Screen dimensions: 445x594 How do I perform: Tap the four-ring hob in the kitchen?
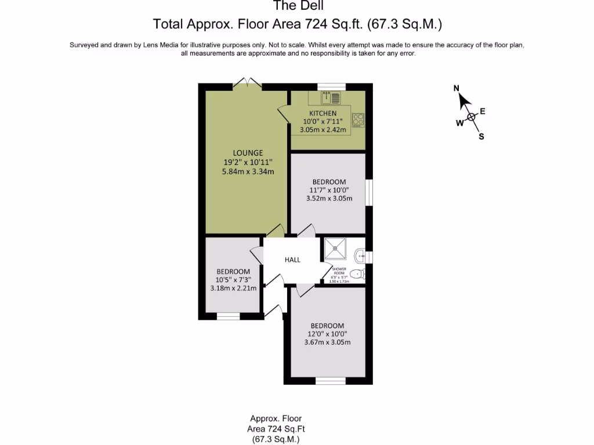[358, 119]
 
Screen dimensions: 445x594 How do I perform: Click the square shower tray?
[335, 249]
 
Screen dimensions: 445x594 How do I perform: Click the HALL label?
[292, 260]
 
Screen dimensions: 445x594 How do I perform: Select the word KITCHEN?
[323, 113]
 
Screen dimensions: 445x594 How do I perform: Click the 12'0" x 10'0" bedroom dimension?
[327, 334]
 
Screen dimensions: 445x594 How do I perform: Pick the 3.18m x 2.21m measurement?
[233, 288]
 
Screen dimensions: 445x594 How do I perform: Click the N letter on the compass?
[457, 88]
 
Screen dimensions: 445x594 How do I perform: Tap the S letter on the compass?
[481, 137]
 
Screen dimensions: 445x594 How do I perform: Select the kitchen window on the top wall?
[331, 86]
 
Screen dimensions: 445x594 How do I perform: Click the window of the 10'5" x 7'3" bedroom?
[228, 316]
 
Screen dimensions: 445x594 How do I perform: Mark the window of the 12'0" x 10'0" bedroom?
[331, 381]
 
